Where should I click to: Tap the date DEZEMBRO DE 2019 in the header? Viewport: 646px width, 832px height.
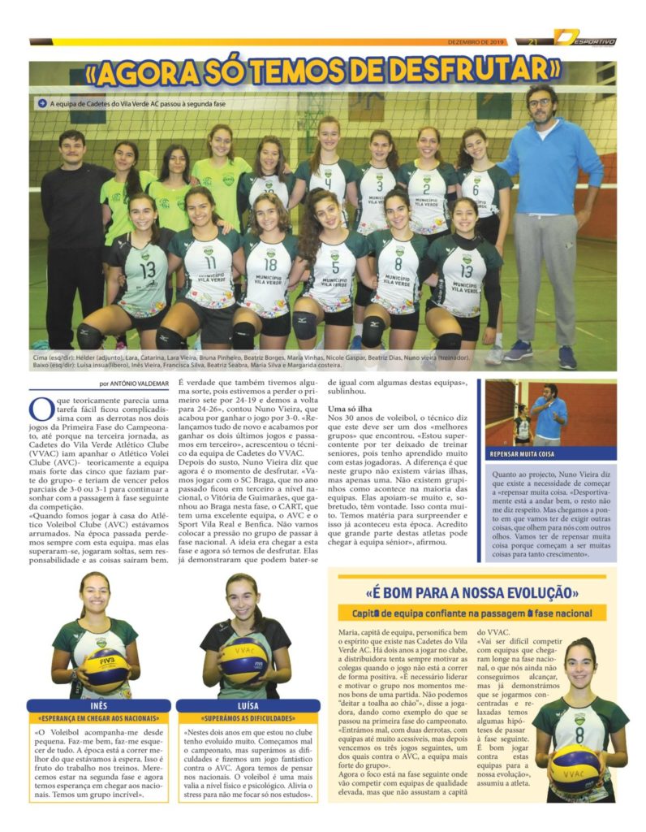[x=475, y=41]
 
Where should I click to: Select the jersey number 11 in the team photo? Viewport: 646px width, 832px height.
[x=210, y=262]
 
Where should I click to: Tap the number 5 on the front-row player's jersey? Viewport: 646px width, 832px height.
[x=334, y=266]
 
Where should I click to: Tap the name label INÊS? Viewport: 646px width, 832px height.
[x=98, y=705]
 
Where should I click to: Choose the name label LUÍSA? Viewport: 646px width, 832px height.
[x=248, y=705]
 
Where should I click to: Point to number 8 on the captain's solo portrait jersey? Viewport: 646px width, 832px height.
[x=579, y=734]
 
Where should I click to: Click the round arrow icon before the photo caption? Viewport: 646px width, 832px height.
[x=41, y=103]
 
